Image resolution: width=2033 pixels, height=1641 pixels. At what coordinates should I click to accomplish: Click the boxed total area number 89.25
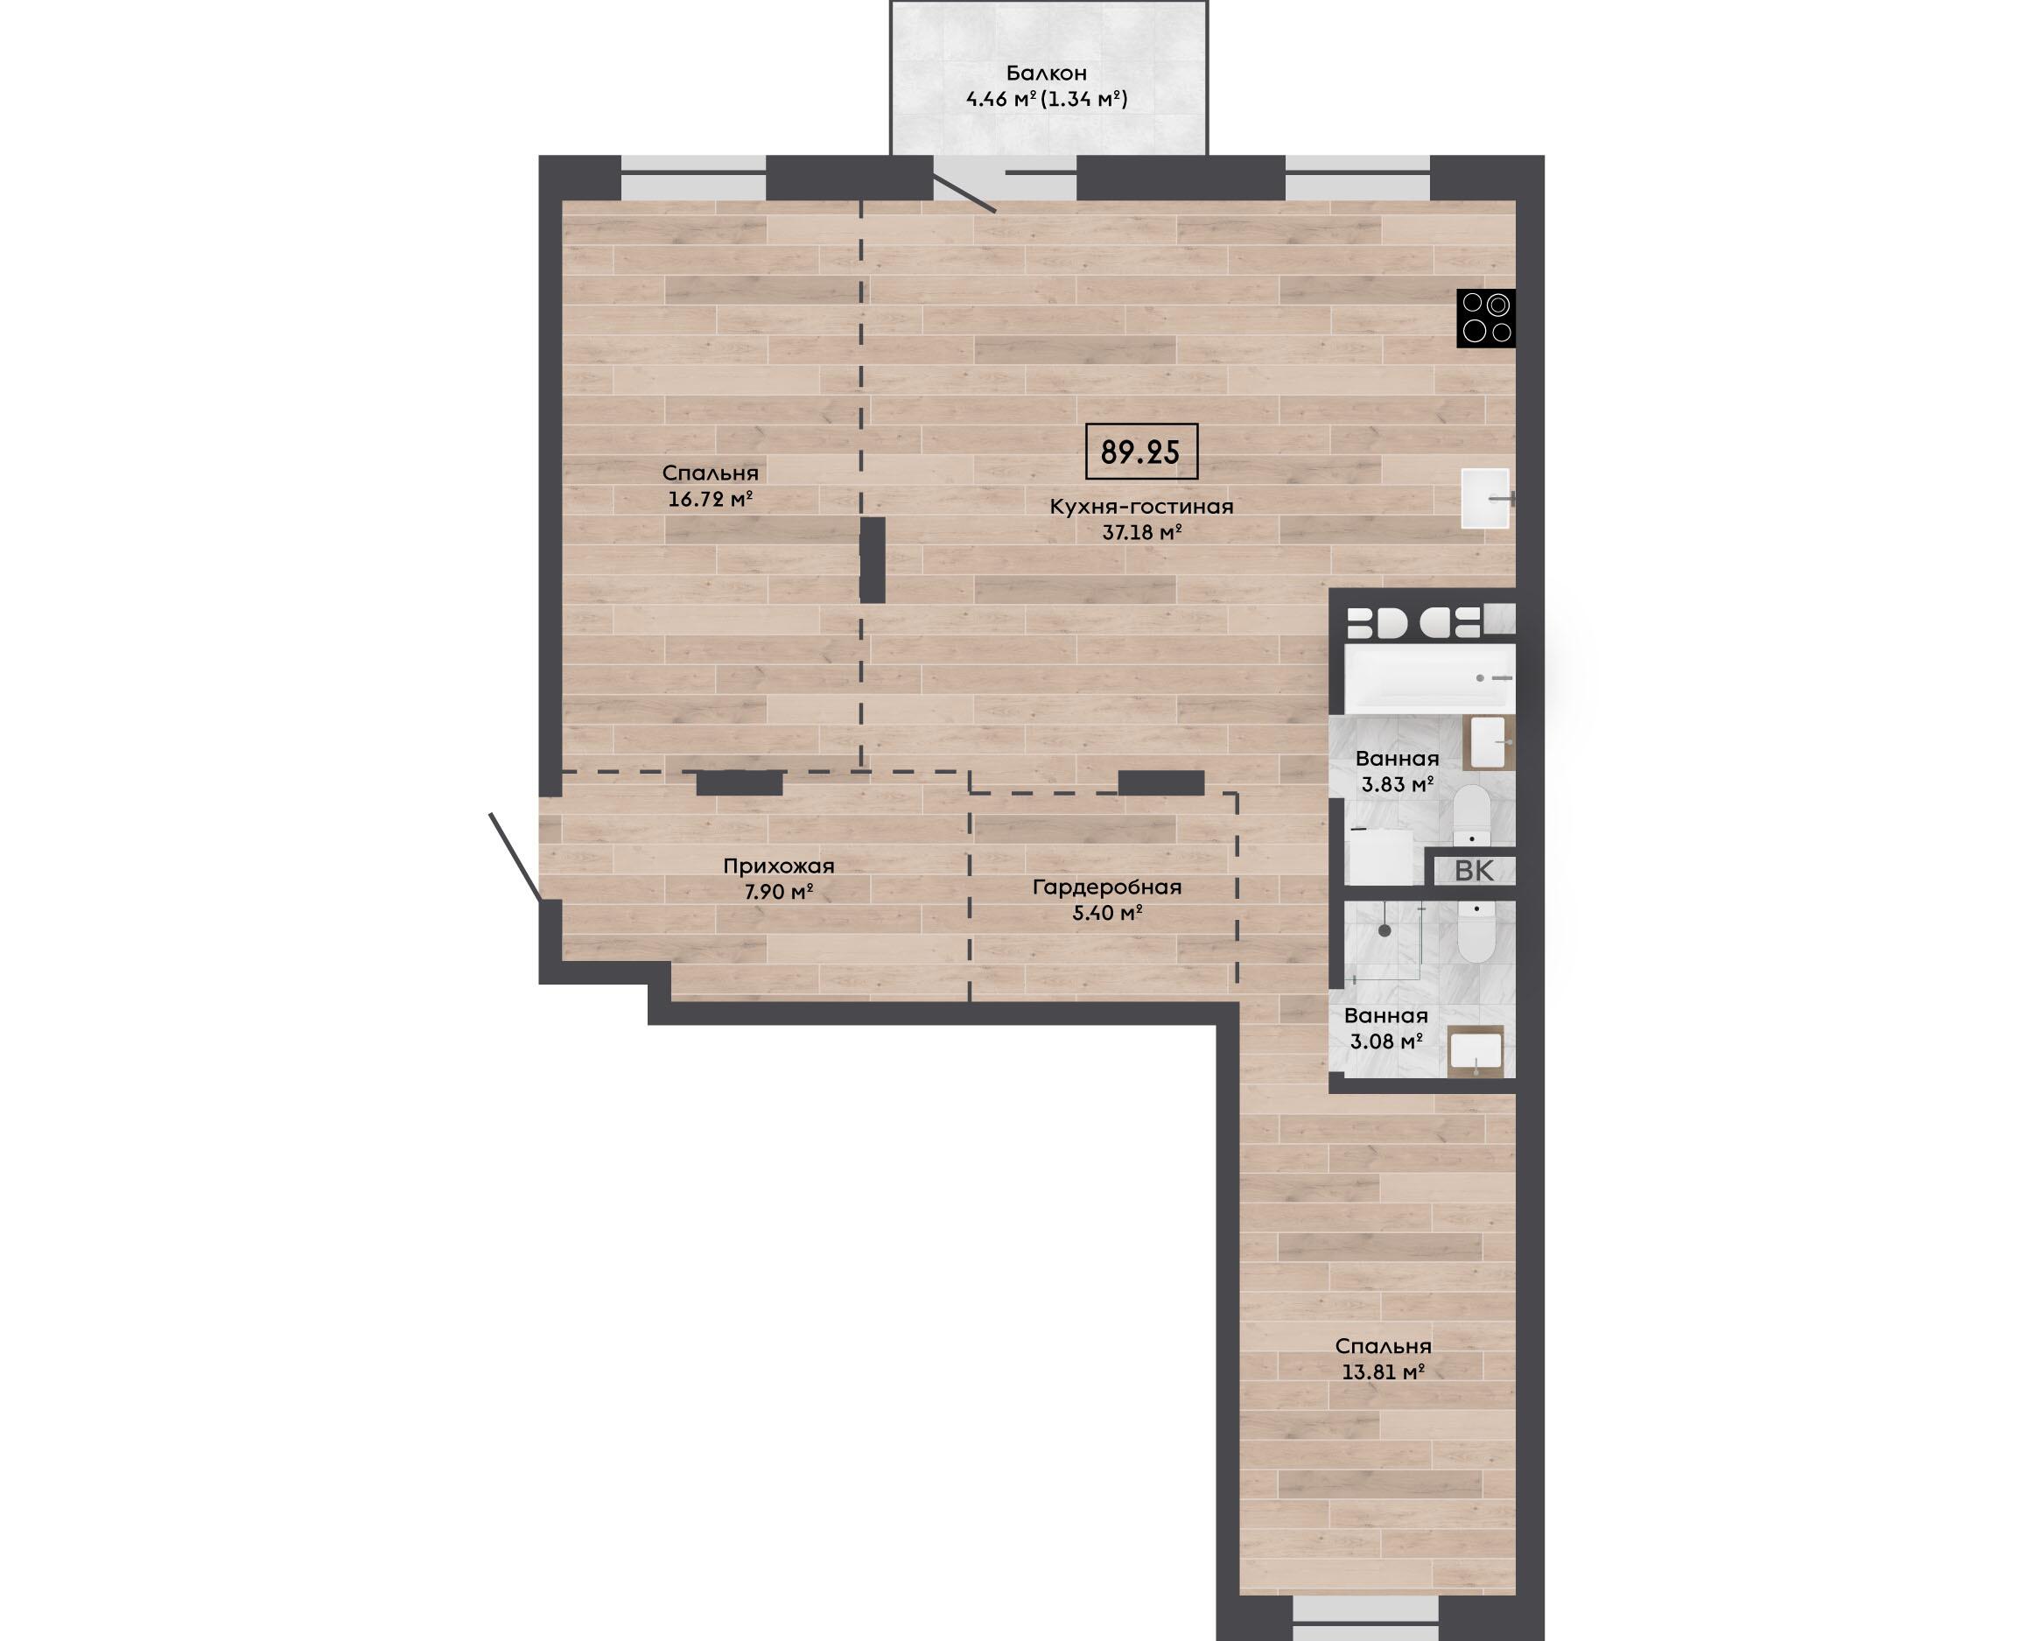click(x=1141, y=452)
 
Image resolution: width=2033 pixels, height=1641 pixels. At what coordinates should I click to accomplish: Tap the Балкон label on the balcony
click(x=1047, y=73)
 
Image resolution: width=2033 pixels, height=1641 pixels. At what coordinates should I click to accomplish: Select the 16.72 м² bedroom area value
click(x=710, y=498)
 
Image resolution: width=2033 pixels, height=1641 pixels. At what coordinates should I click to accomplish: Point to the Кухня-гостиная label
click(x=1141, y=506)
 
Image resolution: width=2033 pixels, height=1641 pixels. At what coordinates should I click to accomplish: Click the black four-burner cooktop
click(x=1486, y=318)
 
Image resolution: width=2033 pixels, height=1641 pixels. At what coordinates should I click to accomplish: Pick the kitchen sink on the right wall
click(x=1486, y=498)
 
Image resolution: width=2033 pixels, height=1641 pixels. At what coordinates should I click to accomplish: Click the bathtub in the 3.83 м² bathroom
click(x=1430, y=678)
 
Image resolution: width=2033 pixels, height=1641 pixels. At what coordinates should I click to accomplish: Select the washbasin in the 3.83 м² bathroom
click(x=1489, y=742)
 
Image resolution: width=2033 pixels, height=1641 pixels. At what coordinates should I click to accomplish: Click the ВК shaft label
click(x=1474, y=871)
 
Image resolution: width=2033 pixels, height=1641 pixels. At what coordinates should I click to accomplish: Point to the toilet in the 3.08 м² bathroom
click(x=1476, y=931)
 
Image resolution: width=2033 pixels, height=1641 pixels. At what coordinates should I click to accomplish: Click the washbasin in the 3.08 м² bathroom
click(x=1476, y=1051)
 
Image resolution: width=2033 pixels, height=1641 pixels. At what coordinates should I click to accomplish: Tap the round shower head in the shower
click(x=1385, y=931)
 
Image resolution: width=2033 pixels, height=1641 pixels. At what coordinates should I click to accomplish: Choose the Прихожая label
click(x=779, y=866)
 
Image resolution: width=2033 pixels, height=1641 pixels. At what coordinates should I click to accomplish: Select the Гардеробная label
click(x=1107, y=887)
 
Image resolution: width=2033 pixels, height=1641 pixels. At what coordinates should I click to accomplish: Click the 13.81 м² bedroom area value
click(x=1383, y=1371)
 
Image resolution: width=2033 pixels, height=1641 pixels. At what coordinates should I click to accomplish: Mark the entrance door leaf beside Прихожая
click(x=515, y=857)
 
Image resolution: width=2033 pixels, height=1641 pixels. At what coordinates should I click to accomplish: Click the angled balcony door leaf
click(x=964, y=193)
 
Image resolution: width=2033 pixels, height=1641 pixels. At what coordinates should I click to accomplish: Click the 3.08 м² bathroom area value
click(x=1385, y=1041)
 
